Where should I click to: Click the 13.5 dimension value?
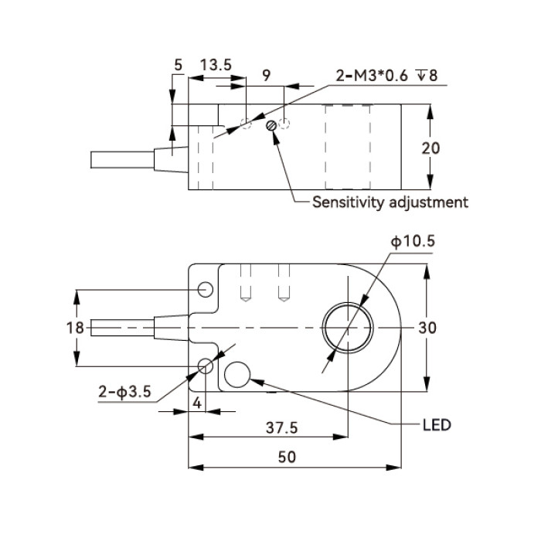[216, 65]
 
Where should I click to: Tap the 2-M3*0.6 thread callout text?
[372, 76]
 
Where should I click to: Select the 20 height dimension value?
[430, 148]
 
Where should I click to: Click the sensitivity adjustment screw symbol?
[271, 125]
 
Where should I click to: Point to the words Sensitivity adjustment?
[390, 202]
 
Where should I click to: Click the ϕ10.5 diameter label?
[413, 241]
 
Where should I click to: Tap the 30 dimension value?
[427, 328]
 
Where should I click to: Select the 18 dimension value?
[75, 328]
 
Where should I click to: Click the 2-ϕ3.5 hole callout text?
[124, 392]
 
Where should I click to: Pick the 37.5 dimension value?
[281, 428]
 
